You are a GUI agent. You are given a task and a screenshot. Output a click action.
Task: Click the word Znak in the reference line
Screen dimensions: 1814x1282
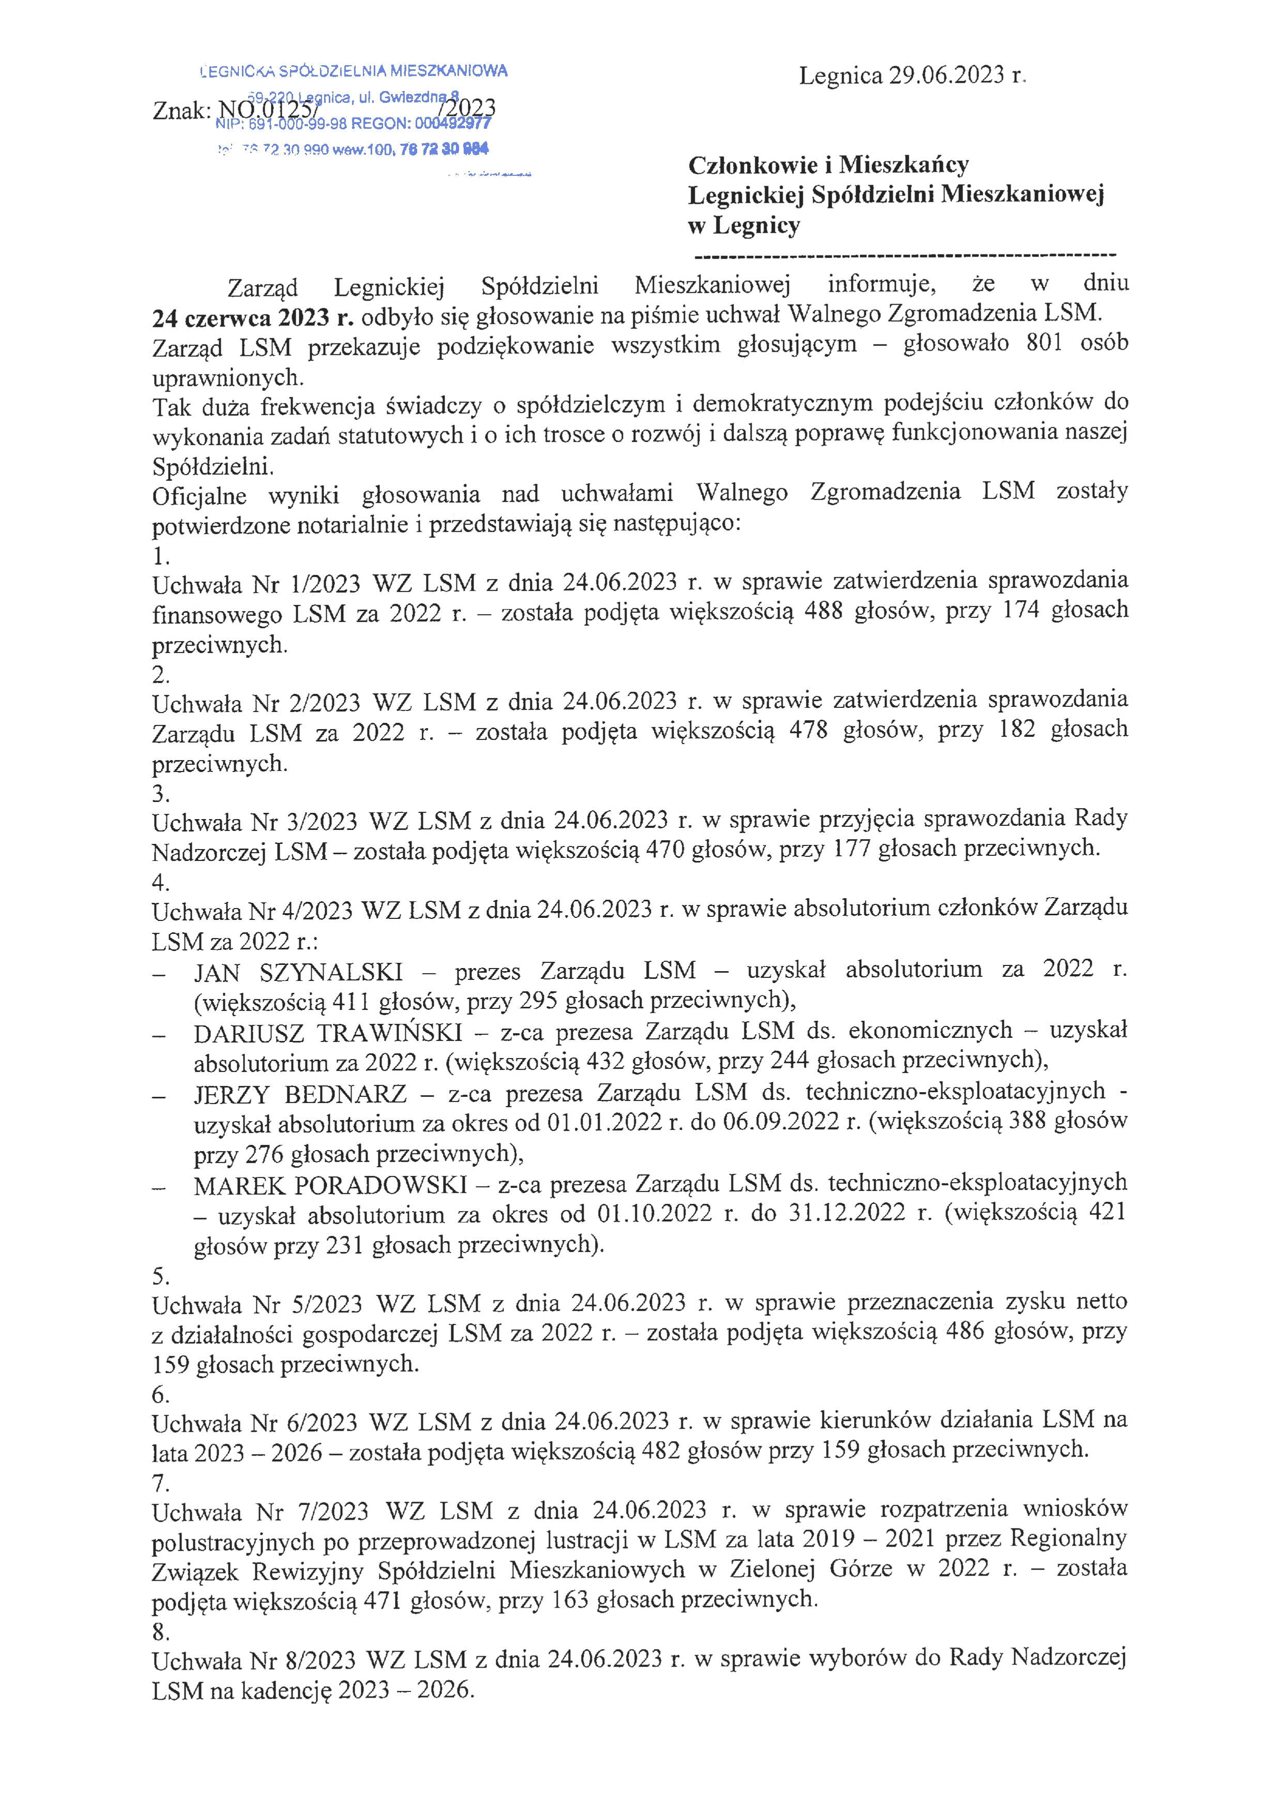(180, 111)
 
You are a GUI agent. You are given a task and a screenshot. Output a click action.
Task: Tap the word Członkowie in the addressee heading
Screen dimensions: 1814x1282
(752, 165)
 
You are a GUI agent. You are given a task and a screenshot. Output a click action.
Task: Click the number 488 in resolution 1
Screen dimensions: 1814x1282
(823, 612)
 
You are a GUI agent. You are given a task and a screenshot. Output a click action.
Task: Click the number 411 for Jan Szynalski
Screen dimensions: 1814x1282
(350, 1002)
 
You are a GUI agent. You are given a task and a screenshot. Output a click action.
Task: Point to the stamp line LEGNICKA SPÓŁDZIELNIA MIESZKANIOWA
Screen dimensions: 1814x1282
(354, 71)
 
